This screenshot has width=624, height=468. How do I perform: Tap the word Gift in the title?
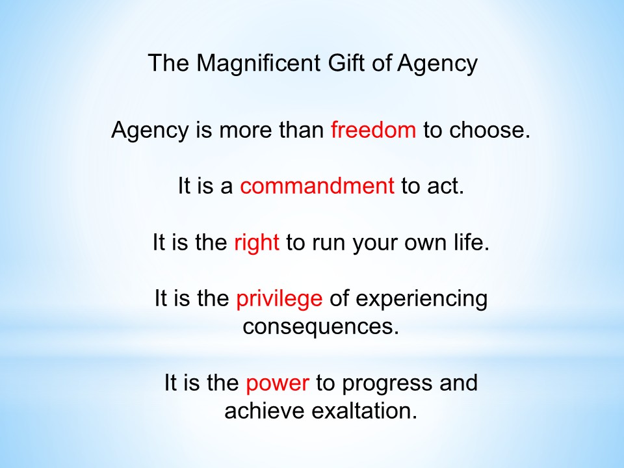(346, 62)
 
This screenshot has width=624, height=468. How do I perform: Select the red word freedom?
(373, 129)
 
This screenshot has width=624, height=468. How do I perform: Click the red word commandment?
(317, 185)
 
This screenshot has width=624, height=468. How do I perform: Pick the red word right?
(257, 242)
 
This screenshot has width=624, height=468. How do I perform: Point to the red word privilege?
(279, 298)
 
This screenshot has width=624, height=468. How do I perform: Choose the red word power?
(278, 383)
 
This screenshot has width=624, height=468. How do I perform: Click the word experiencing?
(421, 299)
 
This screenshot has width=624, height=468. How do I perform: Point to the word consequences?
(320, 327)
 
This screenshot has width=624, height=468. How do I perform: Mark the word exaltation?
(364, 411)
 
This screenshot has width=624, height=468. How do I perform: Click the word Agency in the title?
(437, 63)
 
